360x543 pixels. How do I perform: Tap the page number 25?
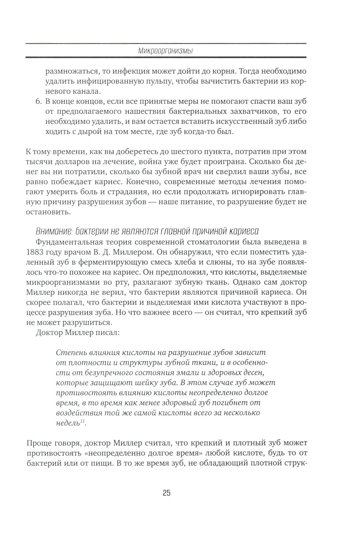[x=166, y=493]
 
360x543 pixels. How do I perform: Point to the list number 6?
[x=39, y=101]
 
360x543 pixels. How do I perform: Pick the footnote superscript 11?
[x=82, y=422]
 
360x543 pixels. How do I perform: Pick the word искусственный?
[x=239, y=122]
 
